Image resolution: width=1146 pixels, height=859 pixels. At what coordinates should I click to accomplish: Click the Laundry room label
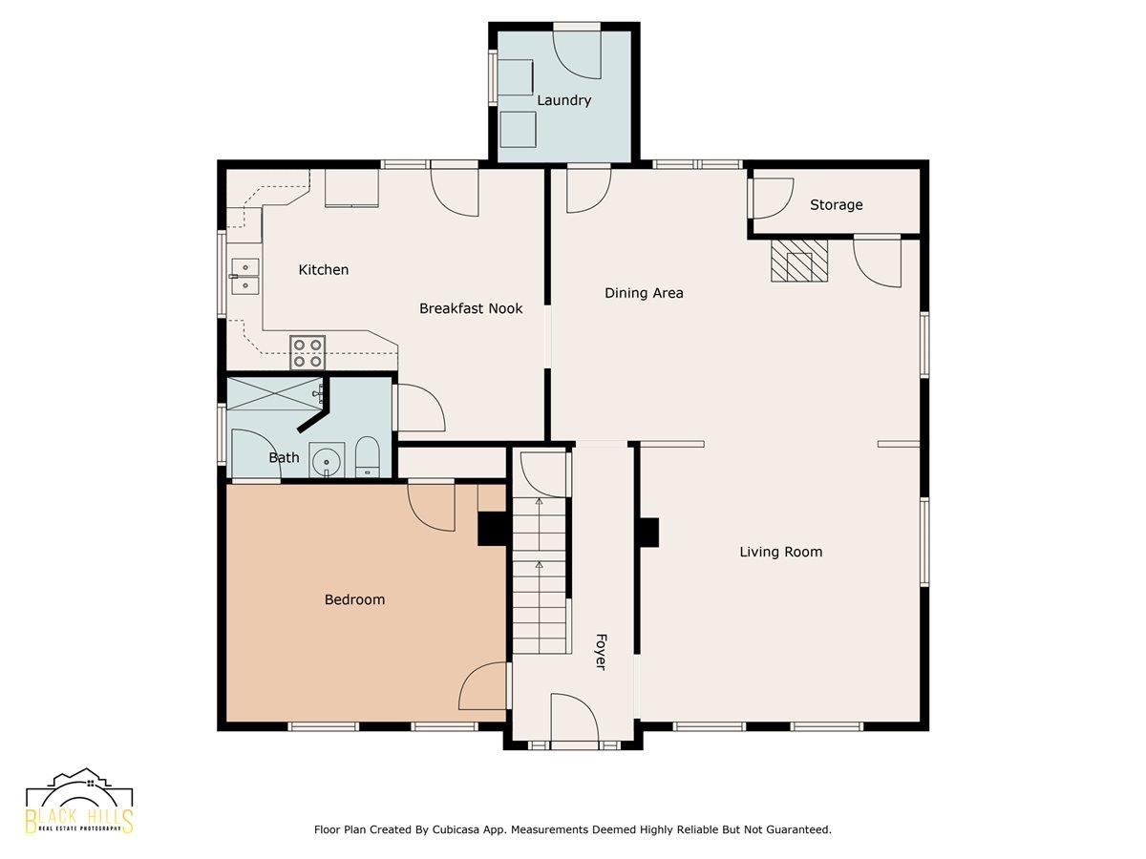point(563,100)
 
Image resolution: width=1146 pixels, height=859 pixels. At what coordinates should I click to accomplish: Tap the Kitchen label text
point(323,270)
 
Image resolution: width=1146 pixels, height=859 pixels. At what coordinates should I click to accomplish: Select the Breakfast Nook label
point(471,308)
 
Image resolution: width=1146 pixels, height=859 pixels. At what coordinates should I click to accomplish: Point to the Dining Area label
point(644,293)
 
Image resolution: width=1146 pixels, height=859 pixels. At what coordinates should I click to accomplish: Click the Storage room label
point(836,205)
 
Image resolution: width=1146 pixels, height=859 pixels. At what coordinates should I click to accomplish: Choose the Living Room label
point(780,552)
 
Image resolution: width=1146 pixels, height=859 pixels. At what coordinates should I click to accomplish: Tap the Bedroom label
point(354,599)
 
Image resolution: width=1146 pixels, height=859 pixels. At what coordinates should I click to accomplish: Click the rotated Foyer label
point(601,652)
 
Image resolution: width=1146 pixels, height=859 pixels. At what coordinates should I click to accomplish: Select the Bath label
point(284,457)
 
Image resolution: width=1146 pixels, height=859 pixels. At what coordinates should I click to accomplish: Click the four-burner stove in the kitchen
point(308,352)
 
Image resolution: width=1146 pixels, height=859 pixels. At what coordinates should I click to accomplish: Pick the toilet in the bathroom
point(367,457)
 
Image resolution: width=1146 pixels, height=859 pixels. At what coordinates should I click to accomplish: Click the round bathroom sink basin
point(327,462)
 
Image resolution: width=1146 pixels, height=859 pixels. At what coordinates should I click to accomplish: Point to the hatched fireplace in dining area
point(799,261)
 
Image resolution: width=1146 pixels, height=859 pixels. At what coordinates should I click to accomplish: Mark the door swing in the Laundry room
point(577,55)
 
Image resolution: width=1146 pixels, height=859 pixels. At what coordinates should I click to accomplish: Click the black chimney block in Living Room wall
point(650,533)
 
